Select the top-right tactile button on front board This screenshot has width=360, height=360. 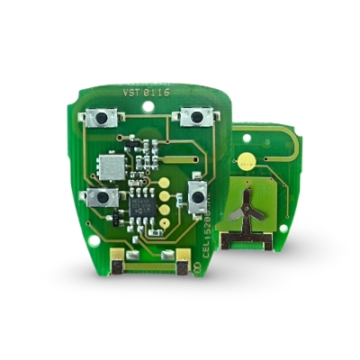[x=195, y=116]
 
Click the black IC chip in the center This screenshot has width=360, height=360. [x=142, y=203]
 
